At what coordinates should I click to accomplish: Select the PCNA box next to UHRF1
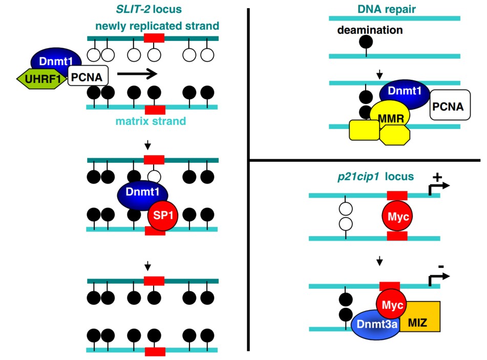coord(88,77)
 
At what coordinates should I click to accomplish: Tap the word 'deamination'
coord(370,30)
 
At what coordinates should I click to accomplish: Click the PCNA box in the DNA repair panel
coord(449,107)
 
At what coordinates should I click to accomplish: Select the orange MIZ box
coord(421,318)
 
